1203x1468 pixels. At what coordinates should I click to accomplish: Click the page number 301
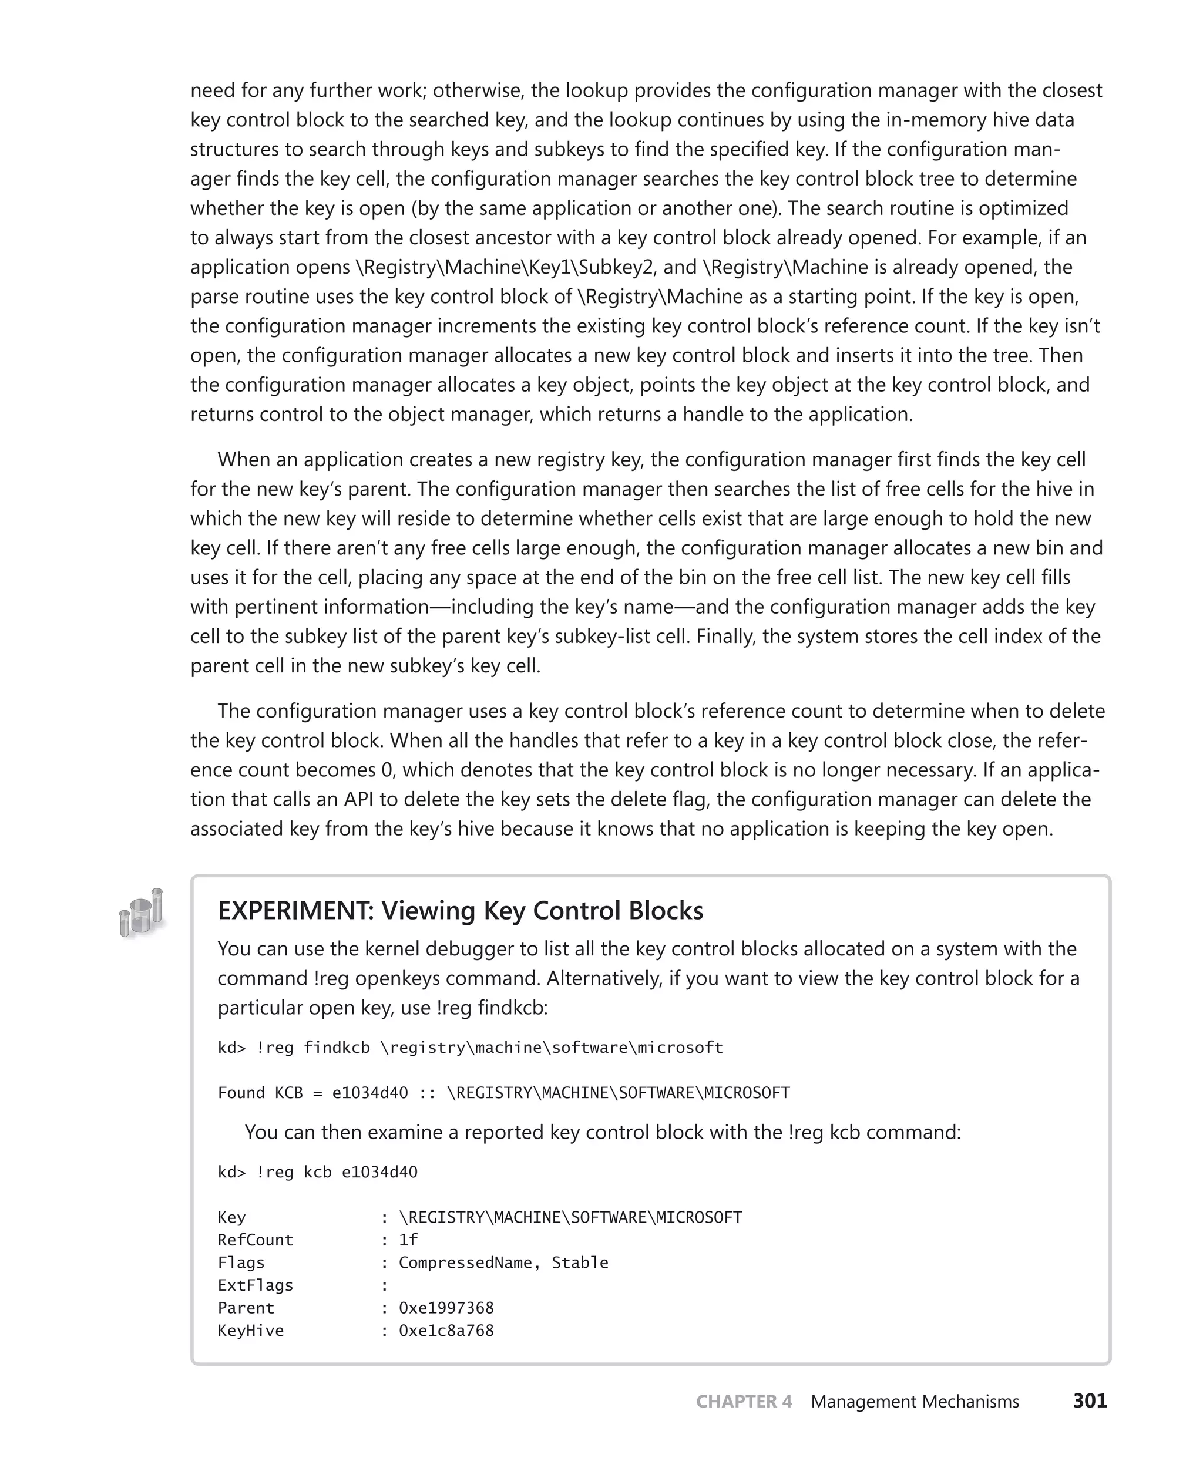(1090, 1401)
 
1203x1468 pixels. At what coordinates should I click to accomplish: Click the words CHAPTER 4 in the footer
(744, 1402)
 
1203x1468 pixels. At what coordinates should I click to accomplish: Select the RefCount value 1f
(408, 1240)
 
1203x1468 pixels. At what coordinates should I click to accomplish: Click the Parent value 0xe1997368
(446, 1307)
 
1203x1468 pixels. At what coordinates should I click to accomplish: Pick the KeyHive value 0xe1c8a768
(446, 1330)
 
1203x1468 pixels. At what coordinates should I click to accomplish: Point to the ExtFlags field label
(255, 1285)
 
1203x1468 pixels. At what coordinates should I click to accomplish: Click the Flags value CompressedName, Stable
(503, 1262)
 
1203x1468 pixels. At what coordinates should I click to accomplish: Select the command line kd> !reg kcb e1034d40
(317, 1171)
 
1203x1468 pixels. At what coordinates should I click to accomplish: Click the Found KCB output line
(503, 1093)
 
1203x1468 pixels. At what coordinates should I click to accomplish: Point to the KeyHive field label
(250, 1330)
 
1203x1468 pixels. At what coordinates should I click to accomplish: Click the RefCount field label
(255, 1240)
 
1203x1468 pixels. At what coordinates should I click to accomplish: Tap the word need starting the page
(211, 91)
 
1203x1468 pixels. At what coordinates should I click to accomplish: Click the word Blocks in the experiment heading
(666, 910)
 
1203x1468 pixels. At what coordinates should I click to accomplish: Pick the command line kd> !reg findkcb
(470, 1047)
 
